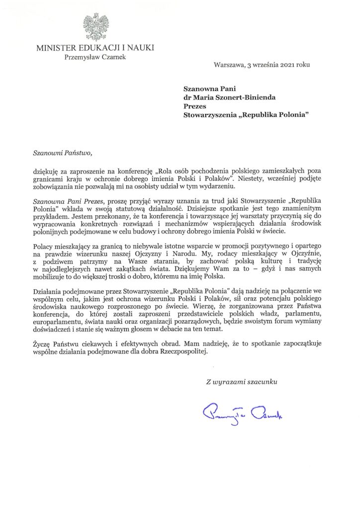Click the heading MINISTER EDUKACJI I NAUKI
click(x=95, y=48)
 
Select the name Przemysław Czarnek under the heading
click(x=95, y=57)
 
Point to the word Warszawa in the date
click(x=230, y=65)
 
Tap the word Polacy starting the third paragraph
click(x=41, y=247)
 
